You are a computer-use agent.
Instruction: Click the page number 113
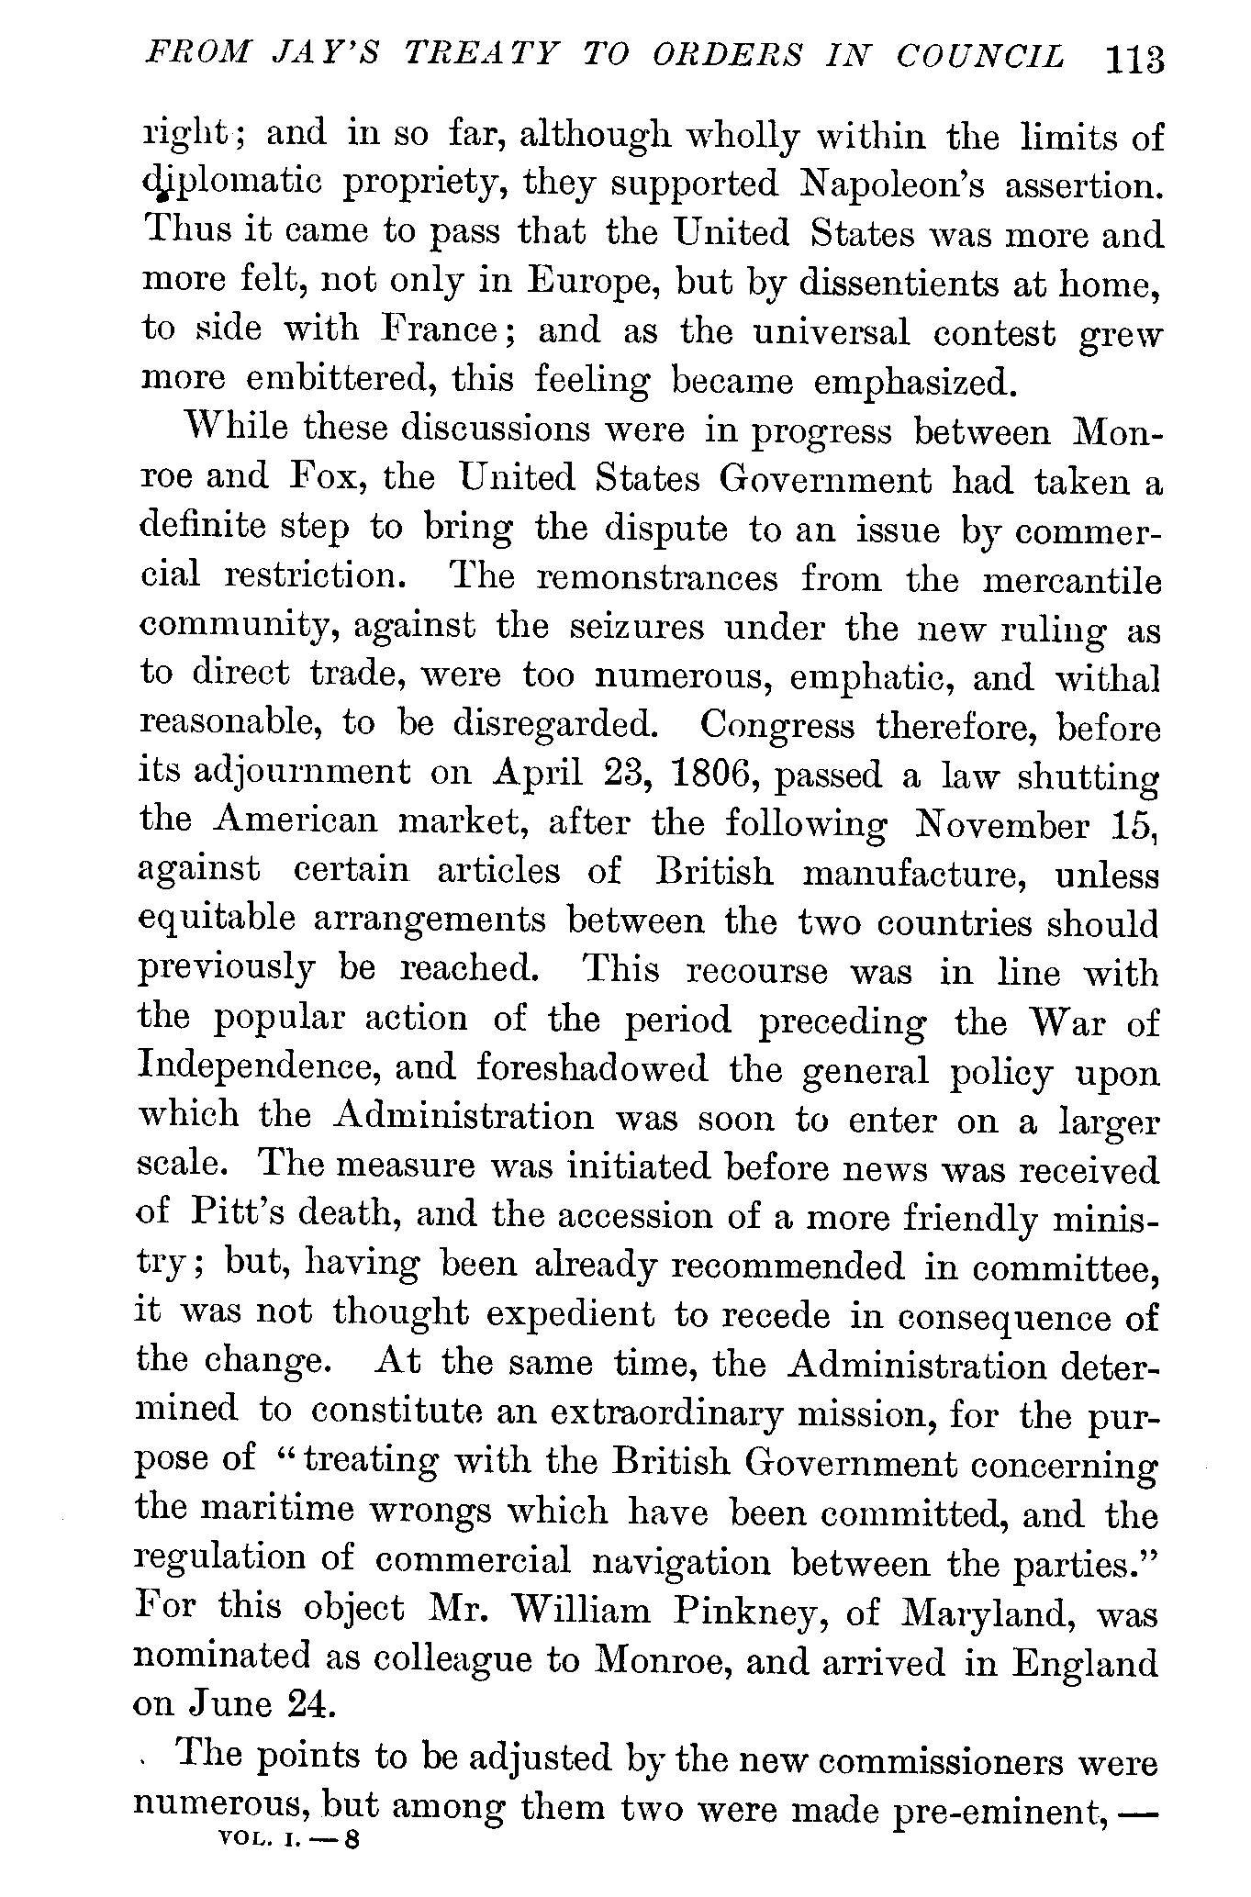(1135, 60)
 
